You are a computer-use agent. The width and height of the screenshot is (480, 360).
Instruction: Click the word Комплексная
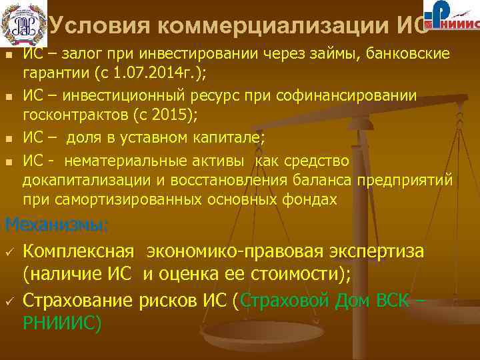78,251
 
